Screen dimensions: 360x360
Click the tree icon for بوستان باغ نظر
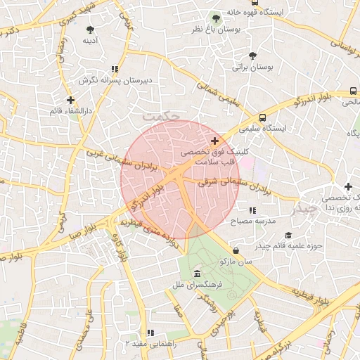point(216,18)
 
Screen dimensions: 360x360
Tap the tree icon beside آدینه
point(89,29)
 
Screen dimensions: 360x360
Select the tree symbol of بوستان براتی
point(252,56)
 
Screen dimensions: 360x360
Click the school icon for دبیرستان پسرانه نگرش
point(114,69)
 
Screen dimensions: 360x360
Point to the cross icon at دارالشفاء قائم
point(70,100)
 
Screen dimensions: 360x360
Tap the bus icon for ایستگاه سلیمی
point(262,117)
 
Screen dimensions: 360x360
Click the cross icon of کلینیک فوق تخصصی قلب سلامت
point(214,141)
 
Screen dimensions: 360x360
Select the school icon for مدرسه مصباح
point(252,210)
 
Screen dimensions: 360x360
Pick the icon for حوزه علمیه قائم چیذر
point(288,235)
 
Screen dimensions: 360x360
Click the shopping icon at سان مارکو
point(235,250)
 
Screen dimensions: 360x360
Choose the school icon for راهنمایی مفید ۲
point(150,333)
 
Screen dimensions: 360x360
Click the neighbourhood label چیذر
point(305,209)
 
